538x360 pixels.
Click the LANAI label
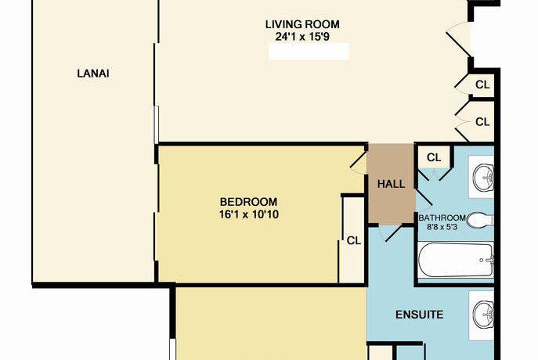tap(92, 74)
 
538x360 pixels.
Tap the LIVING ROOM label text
tap(308, 24)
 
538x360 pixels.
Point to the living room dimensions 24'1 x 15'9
tap(308, 36)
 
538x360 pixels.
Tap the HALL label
tap(391, 185)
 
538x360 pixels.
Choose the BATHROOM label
tap(442, 218)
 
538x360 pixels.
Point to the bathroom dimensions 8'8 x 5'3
tap(443, 227)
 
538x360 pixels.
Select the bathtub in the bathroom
tap(456, 259)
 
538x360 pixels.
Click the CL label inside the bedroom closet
tap(353, 240)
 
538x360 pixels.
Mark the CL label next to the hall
tap(433, 157)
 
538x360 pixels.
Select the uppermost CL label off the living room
tap(482, 85)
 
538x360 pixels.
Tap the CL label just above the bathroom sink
tap(482, 122)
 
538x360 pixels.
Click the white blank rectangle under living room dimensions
tap(308, 52)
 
